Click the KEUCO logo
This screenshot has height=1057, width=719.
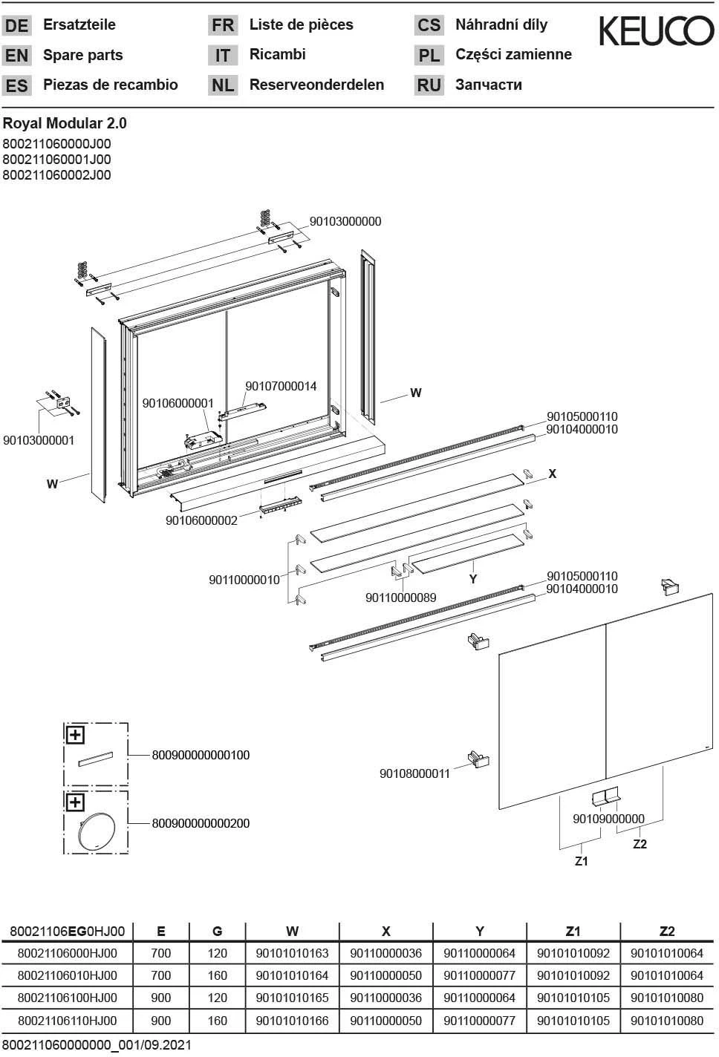656,31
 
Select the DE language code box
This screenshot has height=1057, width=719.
16,26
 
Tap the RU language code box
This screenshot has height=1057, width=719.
429,85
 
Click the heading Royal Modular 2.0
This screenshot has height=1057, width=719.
59,123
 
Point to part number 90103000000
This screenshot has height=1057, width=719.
345,221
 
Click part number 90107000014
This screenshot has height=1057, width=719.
281,386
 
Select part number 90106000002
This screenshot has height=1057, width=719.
201,520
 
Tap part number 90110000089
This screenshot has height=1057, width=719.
400,598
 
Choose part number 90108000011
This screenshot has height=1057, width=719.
414,773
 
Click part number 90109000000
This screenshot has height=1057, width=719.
608,819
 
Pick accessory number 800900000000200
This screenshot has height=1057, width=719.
201,823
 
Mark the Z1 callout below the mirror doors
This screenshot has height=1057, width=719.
582,861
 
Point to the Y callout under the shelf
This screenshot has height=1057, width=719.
472,579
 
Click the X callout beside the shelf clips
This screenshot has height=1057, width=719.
552,474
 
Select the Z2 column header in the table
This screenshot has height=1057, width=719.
666,931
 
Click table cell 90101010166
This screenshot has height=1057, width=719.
292,1021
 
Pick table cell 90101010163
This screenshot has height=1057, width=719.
292,953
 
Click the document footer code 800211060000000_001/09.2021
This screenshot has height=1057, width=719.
97,1045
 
